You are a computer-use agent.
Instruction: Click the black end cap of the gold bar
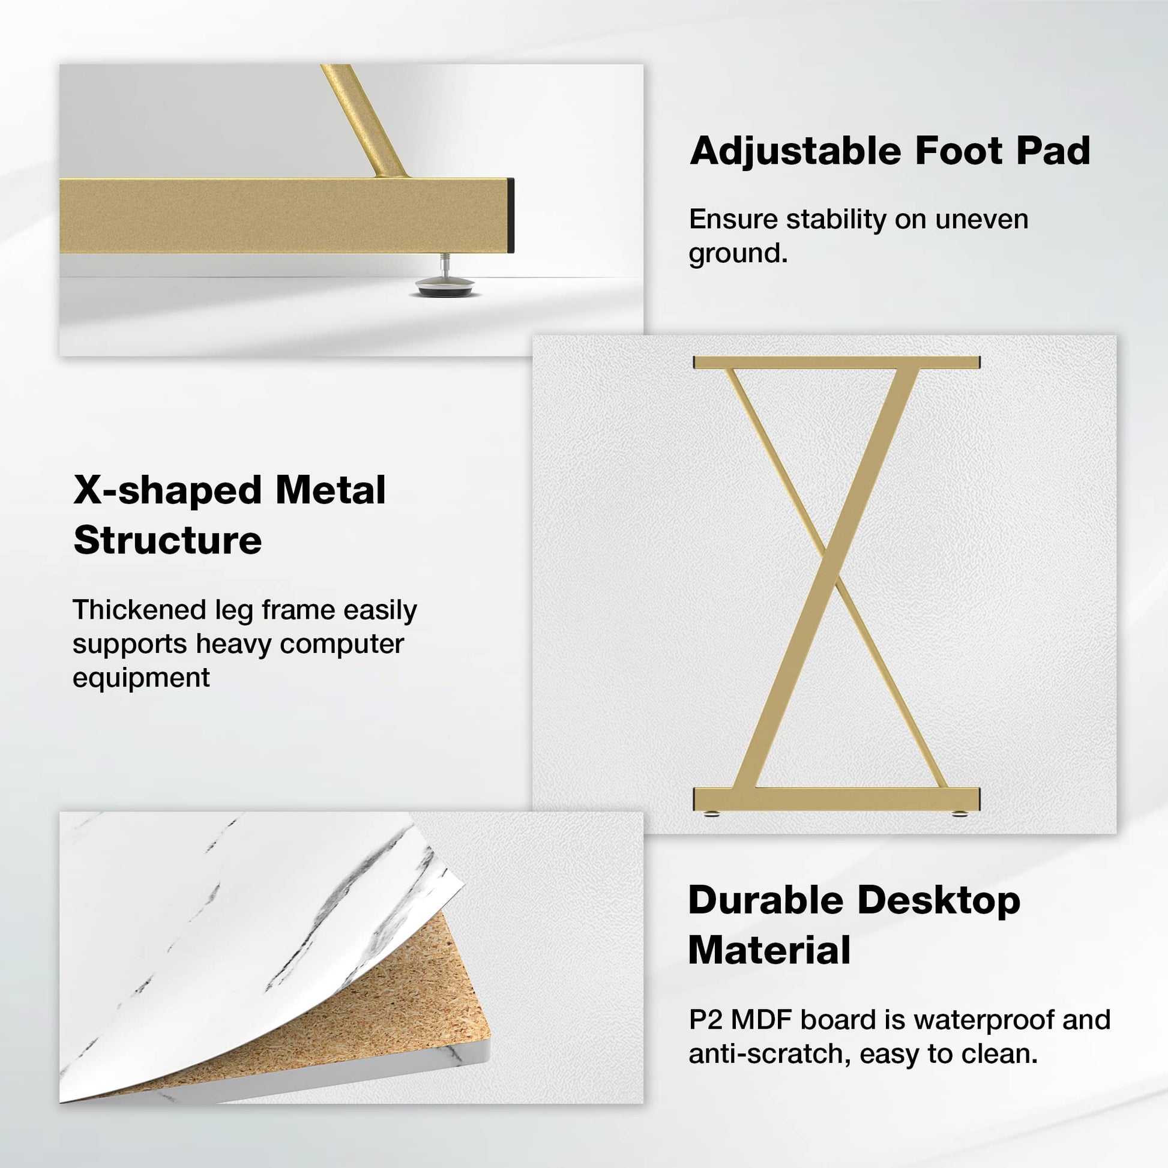(x=511, y=215)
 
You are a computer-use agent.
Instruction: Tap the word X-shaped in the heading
(x=172, y=490)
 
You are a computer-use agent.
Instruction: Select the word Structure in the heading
(x=167, y=540)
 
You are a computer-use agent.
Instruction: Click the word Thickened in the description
(x=140, y=610)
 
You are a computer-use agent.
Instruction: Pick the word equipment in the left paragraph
(x=141, y=678)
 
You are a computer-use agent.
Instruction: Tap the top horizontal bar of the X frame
(x=836, y=363)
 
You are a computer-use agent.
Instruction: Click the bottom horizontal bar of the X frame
(x=836, y=799)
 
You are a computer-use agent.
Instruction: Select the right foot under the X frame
(x=959, y=813)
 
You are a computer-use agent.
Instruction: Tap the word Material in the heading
(x=769, y=950)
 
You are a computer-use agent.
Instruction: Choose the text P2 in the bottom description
(x=706, y=1020)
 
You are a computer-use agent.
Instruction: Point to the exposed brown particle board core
(x=375, y=1004)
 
